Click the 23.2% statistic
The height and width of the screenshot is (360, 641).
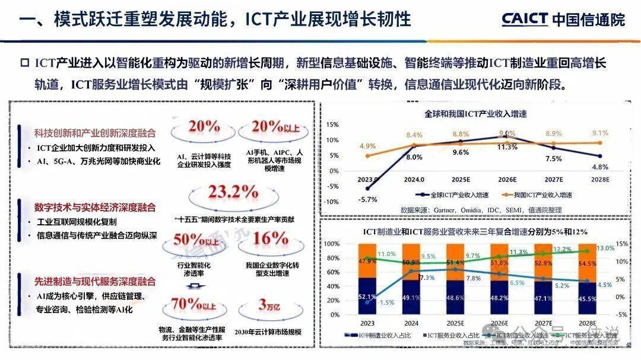click(223, 193)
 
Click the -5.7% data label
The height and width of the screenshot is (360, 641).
click(369, 199)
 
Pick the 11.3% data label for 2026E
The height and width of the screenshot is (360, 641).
click(507, 147)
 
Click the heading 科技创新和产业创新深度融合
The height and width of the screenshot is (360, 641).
click(95, 132)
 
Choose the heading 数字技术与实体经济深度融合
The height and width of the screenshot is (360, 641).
click(95, 207)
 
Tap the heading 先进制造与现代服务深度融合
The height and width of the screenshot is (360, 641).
click(95, 281)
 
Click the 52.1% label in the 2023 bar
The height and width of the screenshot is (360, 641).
click(367, 297)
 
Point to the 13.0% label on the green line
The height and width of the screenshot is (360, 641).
click(606, 249)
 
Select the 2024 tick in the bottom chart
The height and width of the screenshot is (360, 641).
click(411, 323)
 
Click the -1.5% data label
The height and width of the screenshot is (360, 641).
click(386, 302)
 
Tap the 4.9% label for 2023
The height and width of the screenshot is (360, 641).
click(367, 146)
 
